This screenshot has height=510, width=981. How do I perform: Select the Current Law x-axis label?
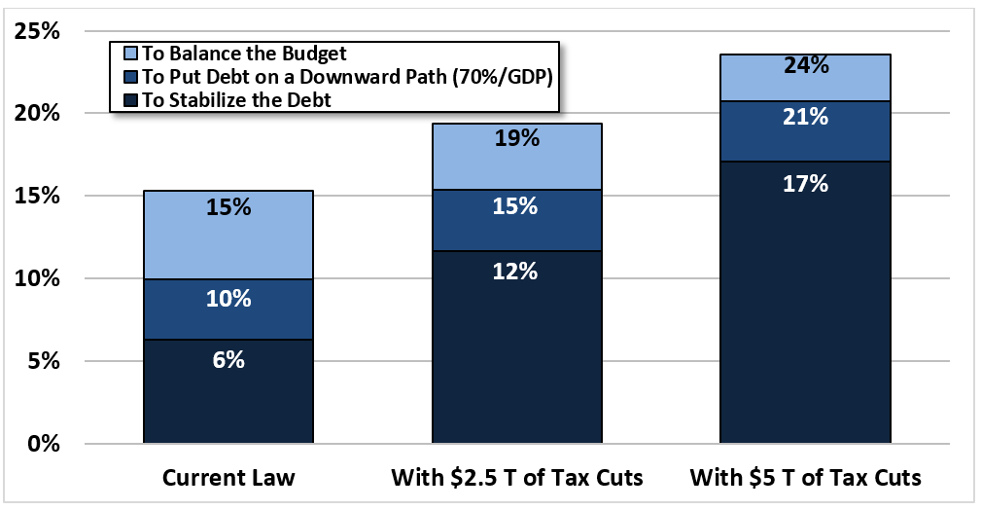coord(228,478)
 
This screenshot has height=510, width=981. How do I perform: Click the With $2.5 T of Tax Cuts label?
coord(516,478)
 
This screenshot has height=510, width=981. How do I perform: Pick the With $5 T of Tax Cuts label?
coord(805,478)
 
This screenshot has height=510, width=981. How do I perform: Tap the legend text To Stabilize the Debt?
coord(236,98)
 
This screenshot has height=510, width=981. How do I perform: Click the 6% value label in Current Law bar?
coord(228,359)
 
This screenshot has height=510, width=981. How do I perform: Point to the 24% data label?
coord(805,66)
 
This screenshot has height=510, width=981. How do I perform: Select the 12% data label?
coord(516,271)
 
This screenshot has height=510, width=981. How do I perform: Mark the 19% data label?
coord(516,138)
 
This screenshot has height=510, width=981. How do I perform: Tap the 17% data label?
coord(805,183)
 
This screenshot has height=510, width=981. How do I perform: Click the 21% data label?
coord(805,117)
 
